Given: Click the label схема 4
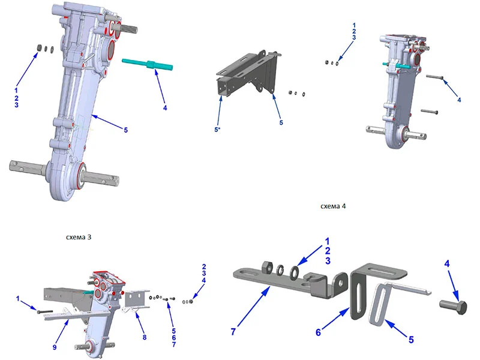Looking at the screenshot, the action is (x=333, y=206).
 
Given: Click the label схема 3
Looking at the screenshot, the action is (x=79, y=237).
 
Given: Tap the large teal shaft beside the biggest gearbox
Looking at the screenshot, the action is (x=148, y=65).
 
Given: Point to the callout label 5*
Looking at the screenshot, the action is (x=217, y=130).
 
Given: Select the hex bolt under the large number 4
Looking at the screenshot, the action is (x=454, y=307).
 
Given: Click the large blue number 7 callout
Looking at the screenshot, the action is (x=233, y=332).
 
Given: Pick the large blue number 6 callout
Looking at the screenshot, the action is (x=319, y=332).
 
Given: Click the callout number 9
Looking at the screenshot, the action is (x=55, y=347).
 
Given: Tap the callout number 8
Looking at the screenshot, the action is (x=145, y=337).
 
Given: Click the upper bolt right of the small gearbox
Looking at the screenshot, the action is (x=434, y=77).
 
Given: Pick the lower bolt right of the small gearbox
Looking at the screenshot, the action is (x=430, y=112).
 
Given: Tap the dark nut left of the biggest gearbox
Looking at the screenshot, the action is (x=39, y=47).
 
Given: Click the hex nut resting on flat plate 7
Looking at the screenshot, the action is (x=266, y=267).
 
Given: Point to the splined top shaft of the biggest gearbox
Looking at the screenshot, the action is (x=125, y=28).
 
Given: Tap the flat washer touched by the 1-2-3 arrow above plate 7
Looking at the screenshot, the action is (x=295, y=271).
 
